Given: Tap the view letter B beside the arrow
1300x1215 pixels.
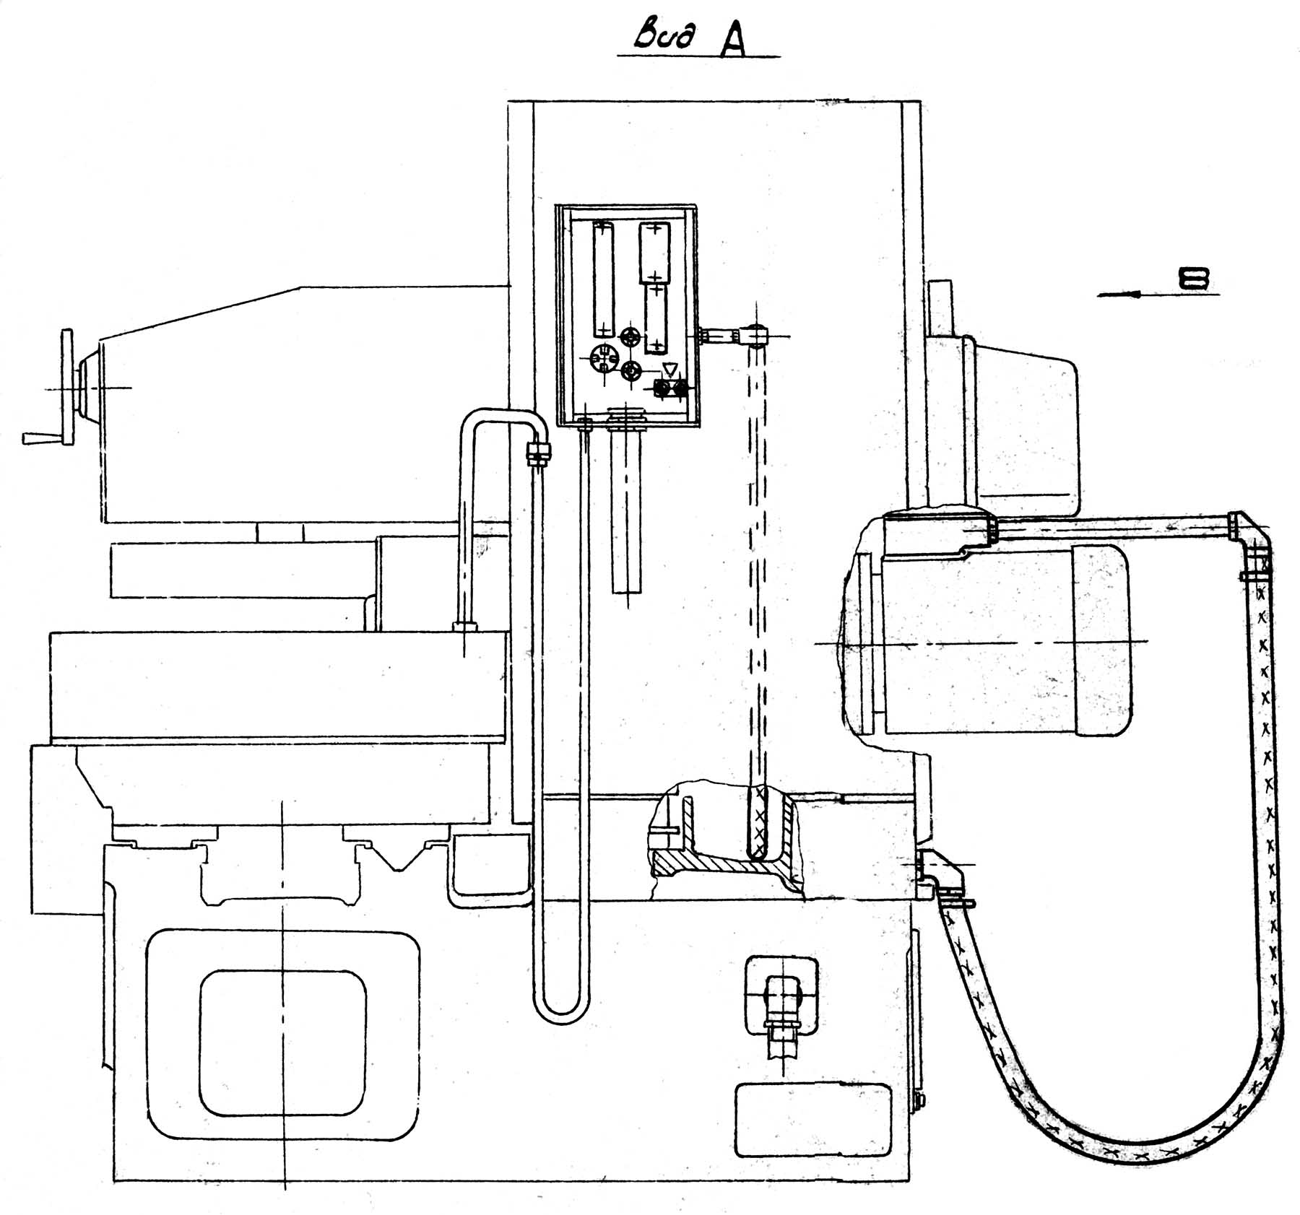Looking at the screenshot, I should click(x=1195, y=279).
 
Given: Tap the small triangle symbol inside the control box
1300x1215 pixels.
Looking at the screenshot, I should click(x=669, y=370).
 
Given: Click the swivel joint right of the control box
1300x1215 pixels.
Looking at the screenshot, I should click(x=755, y=335).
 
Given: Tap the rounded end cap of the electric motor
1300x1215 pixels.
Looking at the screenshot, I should click(x=1101, y=640).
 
